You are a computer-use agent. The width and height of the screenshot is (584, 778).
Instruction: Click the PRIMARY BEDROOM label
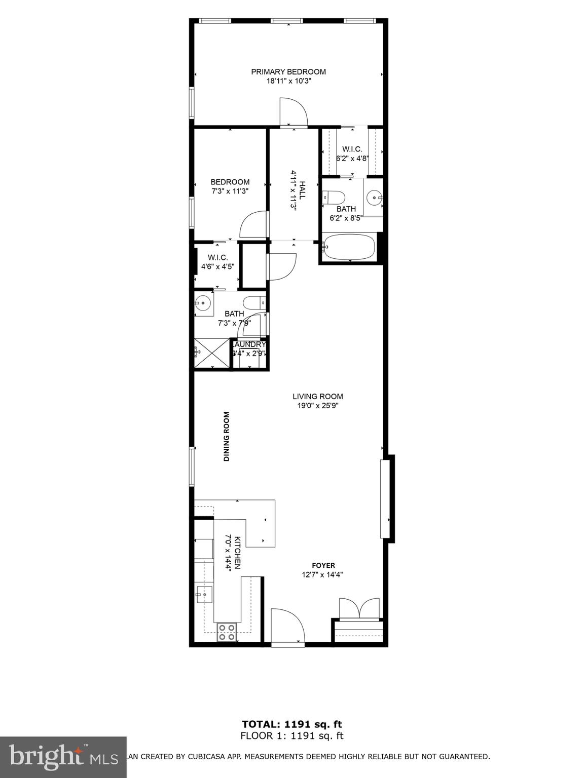288,72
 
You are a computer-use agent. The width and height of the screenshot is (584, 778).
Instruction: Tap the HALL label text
302,190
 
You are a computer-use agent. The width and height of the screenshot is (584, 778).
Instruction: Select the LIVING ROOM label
317,397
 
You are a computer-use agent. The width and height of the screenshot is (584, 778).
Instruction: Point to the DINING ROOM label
227,436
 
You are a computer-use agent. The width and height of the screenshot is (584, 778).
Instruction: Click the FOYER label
323,565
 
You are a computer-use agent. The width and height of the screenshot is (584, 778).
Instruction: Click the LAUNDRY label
250,344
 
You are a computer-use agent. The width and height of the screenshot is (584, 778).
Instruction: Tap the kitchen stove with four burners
227,632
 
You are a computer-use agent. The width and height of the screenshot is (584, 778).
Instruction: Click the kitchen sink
205,593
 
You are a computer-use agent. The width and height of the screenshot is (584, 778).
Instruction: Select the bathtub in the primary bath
349,247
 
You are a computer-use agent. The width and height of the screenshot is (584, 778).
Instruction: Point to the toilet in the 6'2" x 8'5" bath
334,196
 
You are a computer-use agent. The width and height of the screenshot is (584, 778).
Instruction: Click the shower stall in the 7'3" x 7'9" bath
212,352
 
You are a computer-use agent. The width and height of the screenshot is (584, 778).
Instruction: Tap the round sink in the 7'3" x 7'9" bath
203,303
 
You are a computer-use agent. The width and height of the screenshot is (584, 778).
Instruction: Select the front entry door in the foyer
287,626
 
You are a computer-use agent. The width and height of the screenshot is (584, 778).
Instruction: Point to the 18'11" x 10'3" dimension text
288,81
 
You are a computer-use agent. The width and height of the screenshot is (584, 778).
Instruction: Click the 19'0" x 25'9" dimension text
317,405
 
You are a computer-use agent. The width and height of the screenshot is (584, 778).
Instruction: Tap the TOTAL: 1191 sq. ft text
291,724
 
